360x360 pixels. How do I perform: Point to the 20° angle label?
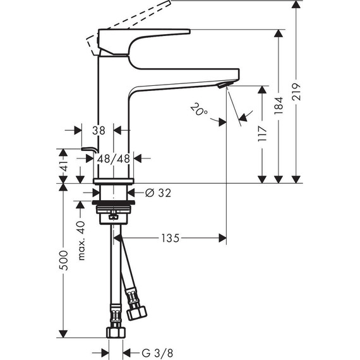(x=198, y=111)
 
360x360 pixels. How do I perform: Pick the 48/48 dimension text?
(x=114, y=159)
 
